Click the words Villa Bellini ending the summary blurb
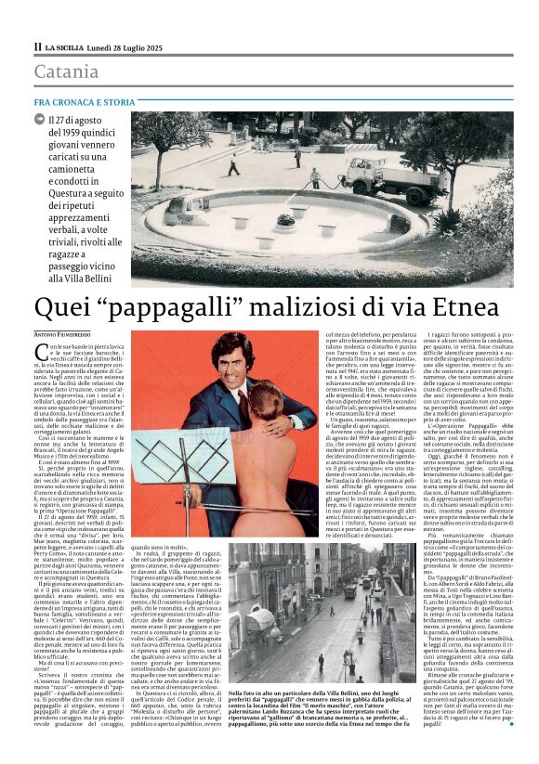(84, 276)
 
